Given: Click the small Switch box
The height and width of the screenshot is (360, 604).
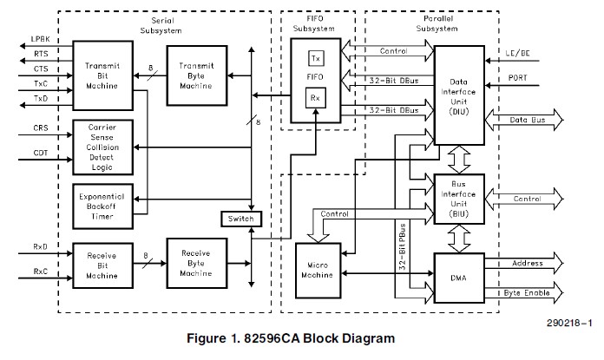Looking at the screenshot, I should pos(238,218).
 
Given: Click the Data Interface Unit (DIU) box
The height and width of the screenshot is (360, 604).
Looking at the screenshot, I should pos(458,95).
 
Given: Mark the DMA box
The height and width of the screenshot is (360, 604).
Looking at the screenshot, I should pos(458,277).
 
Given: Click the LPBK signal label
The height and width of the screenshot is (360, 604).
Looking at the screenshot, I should pos(40,40).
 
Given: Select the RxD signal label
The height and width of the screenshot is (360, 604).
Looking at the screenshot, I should pos(40,247).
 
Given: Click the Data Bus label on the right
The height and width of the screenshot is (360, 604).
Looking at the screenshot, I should pos(528,119).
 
